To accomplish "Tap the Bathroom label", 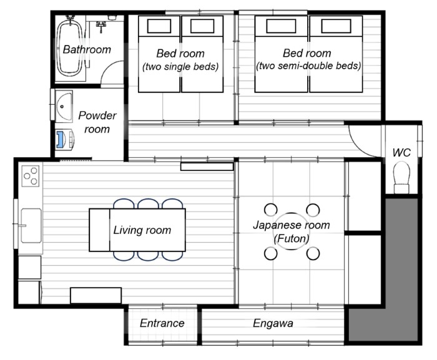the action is click(87, 49).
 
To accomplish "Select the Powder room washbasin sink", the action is click(64, 106).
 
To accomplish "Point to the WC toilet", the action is click(401, 177).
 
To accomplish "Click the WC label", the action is click(401, 152).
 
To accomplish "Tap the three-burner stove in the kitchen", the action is click(31, 176).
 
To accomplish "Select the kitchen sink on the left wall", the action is click(31, 226).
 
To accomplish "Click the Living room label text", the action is click(142, 230).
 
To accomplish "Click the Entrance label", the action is click(162, 323).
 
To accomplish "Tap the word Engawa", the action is click(273, 323).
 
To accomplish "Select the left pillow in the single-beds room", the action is click(159, 26).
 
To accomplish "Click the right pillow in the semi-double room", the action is click(336, 26).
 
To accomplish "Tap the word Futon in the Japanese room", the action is click(292, 238).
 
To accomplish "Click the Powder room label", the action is click(97, 122).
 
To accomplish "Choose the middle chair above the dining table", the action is click(148, 203).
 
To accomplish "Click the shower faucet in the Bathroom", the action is click(101, 26).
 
